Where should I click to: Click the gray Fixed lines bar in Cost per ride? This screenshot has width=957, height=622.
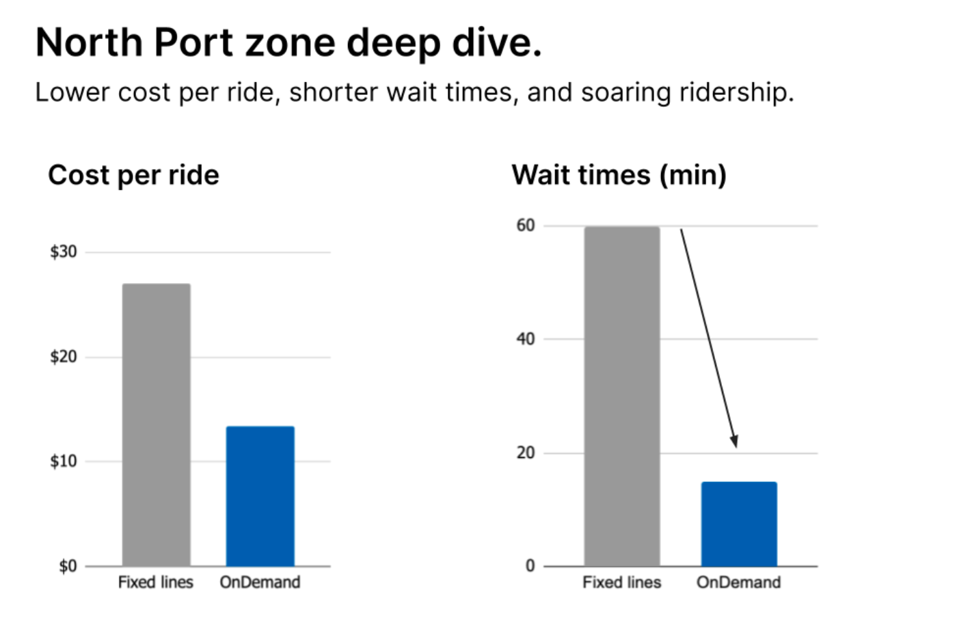point(157,424)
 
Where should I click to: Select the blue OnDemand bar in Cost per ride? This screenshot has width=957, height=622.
point(260,496)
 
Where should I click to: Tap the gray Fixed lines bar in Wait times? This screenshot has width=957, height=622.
point(622,396)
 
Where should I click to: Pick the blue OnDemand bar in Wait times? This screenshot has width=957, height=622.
point(739,524)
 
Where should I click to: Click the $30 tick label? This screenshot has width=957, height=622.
point(64,252)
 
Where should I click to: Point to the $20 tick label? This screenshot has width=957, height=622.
point(64,356)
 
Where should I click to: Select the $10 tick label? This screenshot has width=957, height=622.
point(64,461)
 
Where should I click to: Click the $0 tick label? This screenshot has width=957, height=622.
point(68,566)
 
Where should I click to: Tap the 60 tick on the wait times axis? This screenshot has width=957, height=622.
point(526,225)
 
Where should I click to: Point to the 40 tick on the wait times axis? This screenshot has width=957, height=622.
point(526,339)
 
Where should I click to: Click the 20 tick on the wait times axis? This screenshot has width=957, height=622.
point(526,452)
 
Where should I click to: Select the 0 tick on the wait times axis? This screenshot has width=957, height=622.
point(530,566)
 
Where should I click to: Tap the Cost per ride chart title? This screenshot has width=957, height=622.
point(134,176)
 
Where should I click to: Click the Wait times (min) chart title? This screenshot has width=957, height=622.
point(619,176)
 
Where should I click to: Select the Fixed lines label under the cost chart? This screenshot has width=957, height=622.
point(156,582)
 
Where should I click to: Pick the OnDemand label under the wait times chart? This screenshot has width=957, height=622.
point(739,582)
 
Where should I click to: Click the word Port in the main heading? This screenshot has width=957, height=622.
point(193,42)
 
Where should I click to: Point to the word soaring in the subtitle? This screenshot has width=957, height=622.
point(625,93)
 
